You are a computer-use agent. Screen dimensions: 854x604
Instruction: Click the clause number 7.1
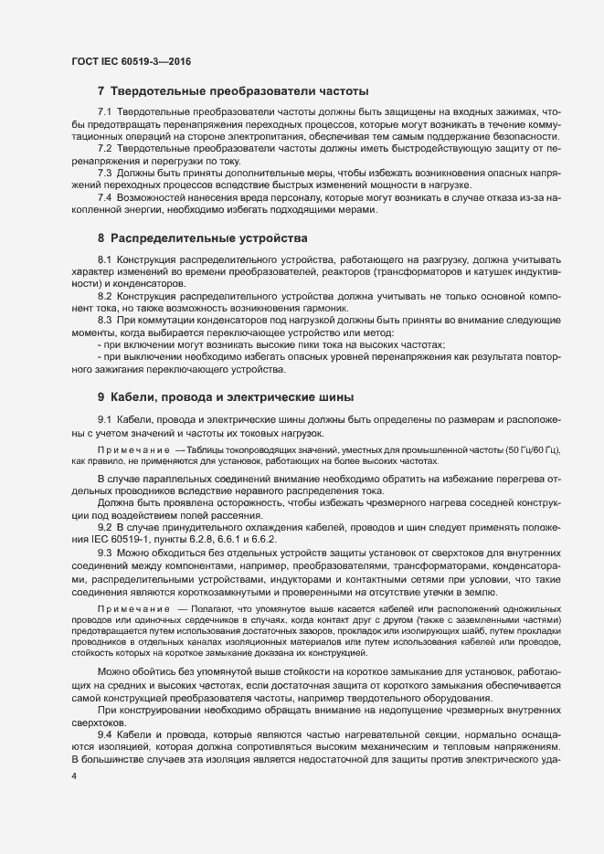coord(104,111)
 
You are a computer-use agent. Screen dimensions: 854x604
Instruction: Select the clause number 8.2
coord(104,298)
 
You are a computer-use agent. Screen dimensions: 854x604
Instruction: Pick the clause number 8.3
coord(104,322)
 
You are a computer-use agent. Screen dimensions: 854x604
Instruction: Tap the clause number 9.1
coord(104,419)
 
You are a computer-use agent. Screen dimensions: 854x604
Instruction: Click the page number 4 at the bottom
coord(74,775)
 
